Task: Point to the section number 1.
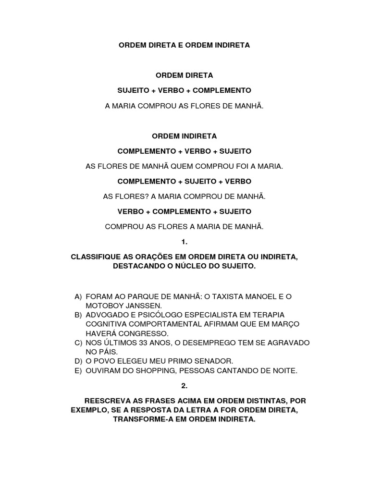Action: (184, 243)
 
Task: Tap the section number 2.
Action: (184, 386)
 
